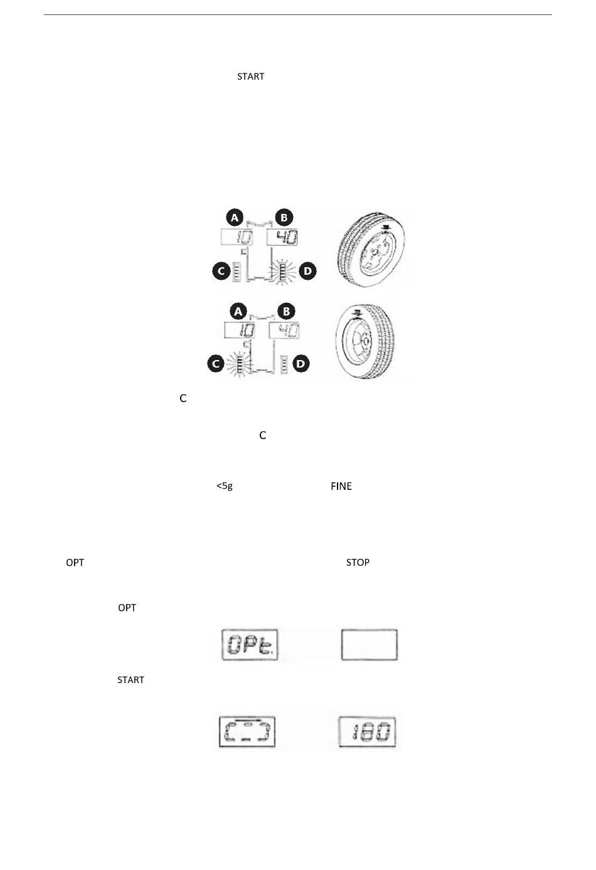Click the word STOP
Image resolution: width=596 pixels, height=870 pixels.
(358, 562)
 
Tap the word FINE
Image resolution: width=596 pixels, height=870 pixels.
(341, 486)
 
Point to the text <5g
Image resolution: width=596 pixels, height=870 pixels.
(225, 486)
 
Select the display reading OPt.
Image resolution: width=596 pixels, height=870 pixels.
(250, 644)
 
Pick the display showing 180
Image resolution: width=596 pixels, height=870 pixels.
(368, 732)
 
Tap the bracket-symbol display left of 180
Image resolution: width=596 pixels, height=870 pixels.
(247, 732)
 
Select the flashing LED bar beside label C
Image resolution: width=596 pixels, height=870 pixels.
(240, 364)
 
